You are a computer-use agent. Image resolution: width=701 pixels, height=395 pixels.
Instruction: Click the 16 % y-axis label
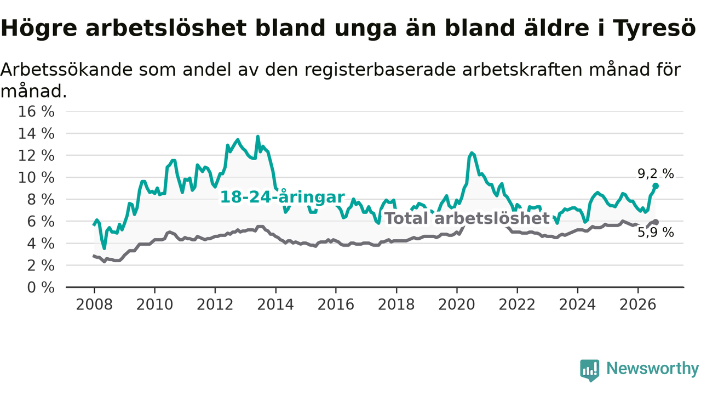pyautogui.click(x=36, y=111)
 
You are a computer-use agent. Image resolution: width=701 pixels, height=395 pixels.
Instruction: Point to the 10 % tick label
pyautogui.click(x=36, y=178)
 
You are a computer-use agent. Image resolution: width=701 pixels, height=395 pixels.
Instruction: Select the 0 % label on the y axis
pyautogui.click(x=41, y=287)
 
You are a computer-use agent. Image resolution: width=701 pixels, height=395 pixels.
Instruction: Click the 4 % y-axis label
pyautogui.click(x=41, y=244)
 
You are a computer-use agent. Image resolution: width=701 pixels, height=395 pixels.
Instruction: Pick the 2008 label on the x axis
pyautogui.click(x=94, y=304)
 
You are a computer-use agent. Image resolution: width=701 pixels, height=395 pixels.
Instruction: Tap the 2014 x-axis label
pyautogui.click(x=275, y=304)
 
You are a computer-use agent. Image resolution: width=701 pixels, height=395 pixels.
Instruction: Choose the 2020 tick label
pyautogui.click(x=457, y=304)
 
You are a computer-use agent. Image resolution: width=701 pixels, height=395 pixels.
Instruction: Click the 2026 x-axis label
pyautogui.click(x=638, y=304)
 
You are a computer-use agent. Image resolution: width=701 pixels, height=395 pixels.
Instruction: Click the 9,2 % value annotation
pyautogui.click(x=656, y=174)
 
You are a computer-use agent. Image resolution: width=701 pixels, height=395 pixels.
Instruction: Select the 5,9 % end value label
pyautogui.click(x=656, y=233)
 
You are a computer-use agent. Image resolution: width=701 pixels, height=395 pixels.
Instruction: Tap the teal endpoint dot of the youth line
pyautogui.click(x=656, y=186)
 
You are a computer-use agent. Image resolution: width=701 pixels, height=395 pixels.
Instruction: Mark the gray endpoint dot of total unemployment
pyautogui.click(x=656, y=222)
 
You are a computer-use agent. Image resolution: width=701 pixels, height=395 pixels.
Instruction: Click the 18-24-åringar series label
pyautogui.click(x=282, y=197)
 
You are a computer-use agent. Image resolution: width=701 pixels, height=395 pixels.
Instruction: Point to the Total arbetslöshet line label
pyautogui.click(x=467, y=218)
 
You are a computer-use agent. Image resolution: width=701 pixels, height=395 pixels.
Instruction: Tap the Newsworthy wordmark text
pyautogui.click(x=652, y=368)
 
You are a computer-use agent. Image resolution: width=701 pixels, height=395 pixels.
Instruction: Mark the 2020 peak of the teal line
pyautogui.click(x=472, y=153)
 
